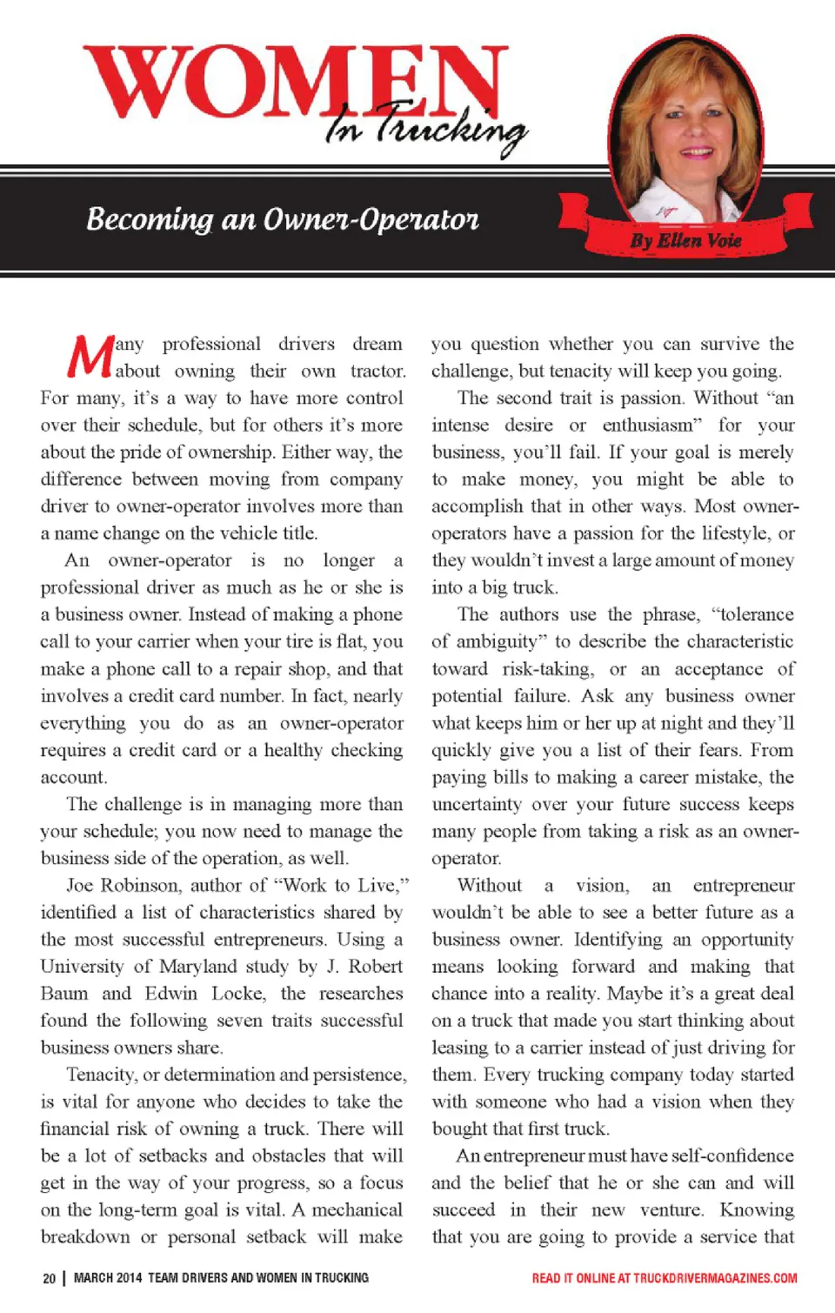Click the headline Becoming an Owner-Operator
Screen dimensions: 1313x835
coord(283,219)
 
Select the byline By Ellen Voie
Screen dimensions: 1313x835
coord(686,240)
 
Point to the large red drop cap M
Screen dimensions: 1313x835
coord(90,357)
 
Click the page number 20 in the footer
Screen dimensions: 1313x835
coord(49,1278)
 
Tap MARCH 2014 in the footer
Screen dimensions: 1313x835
coord(107,1278)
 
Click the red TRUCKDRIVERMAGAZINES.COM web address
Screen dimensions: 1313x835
coord(715,1278)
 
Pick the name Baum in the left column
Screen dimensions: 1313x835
coord(64,994)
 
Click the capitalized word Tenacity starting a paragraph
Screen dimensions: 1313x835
coord(101,1075)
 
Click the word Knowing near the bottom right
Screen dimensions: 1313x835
coord(757,1210)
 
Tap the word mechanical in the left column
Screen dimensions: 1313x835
coord(357,1210)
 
